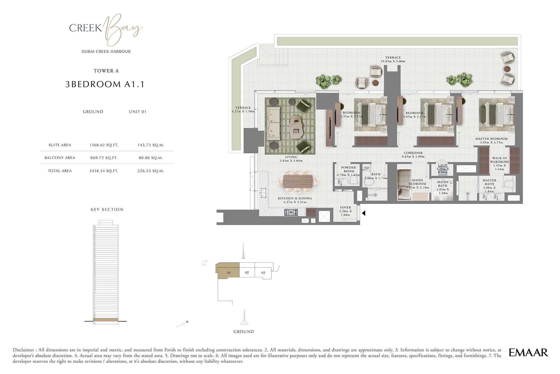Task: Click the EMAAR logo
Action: [x=528, y=352]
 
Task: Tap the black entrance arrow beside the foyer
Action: [x=363, y=213]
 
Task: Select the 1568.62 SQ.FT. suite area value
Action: [x=104, y=145]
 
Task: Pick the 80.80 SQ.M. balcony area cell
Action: [x=151, y=158]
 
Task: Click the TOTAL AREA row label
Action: [x=60, y=171]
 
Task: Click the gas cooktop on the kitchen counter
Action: [x=291, y=212]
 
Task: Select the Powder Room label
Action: [x=348, y=169]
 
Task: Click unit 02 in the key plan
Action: [x=247, y=272]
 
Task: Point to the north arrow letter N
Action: [x=187, y=322]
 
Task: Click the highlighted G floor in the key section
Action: [x=106, y=320]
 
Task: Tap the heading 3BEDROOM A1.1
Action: [x=105, y=84]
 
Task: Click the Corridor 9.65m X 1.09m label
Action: [x=413, y=155]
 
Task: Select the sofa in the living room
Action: [x=273, y=124]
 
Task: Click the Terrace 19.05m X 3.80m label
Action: [x=393, y=59]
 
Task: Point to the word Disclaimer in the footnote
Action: [x=24, y=350]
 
